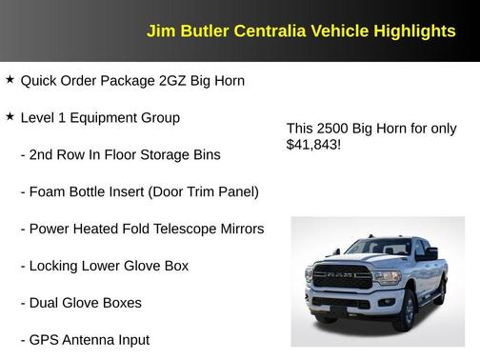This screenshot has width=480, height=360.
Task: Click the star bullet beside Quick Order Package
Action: coord(10,80)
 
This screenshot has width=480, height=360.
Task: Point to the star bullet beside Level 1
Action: coord(10,117)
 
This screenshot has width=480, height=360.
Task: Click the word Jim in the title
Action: coord(159,31)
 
